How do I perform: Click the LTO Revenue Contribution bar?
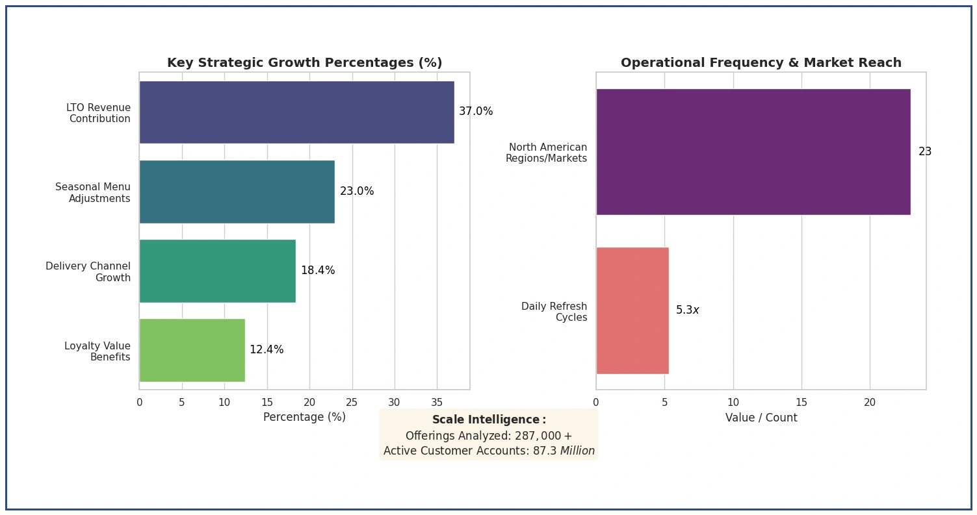296,112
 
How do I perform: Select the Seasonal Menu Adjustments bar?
237,192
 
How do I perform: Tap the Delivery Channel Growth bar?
217,271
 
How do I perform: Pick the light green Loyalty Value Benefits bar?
192,350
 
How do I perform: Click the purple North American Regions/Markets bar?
753,152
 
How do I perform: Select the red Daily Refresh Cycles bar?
632,310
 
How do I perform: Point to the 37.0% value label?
476,112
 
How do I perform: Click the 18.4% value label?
318,271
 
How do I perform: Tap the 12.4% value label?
267,350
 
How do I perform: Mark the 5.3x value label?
687,310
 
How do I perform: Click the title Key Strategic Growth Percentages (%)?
304,63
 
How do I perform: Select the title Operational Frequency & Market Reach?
761,63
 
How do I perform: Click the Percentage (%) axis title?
304,418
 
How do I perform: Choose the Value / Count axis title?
761,418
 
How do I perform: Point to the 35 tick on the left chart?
437,403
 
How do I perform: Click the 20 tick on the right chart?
870,403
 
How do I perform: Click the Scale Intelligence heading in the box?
489,420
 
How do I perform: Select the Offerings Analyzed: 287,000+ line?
489,436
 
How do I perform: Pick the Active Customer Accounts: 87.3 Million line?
489,451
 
